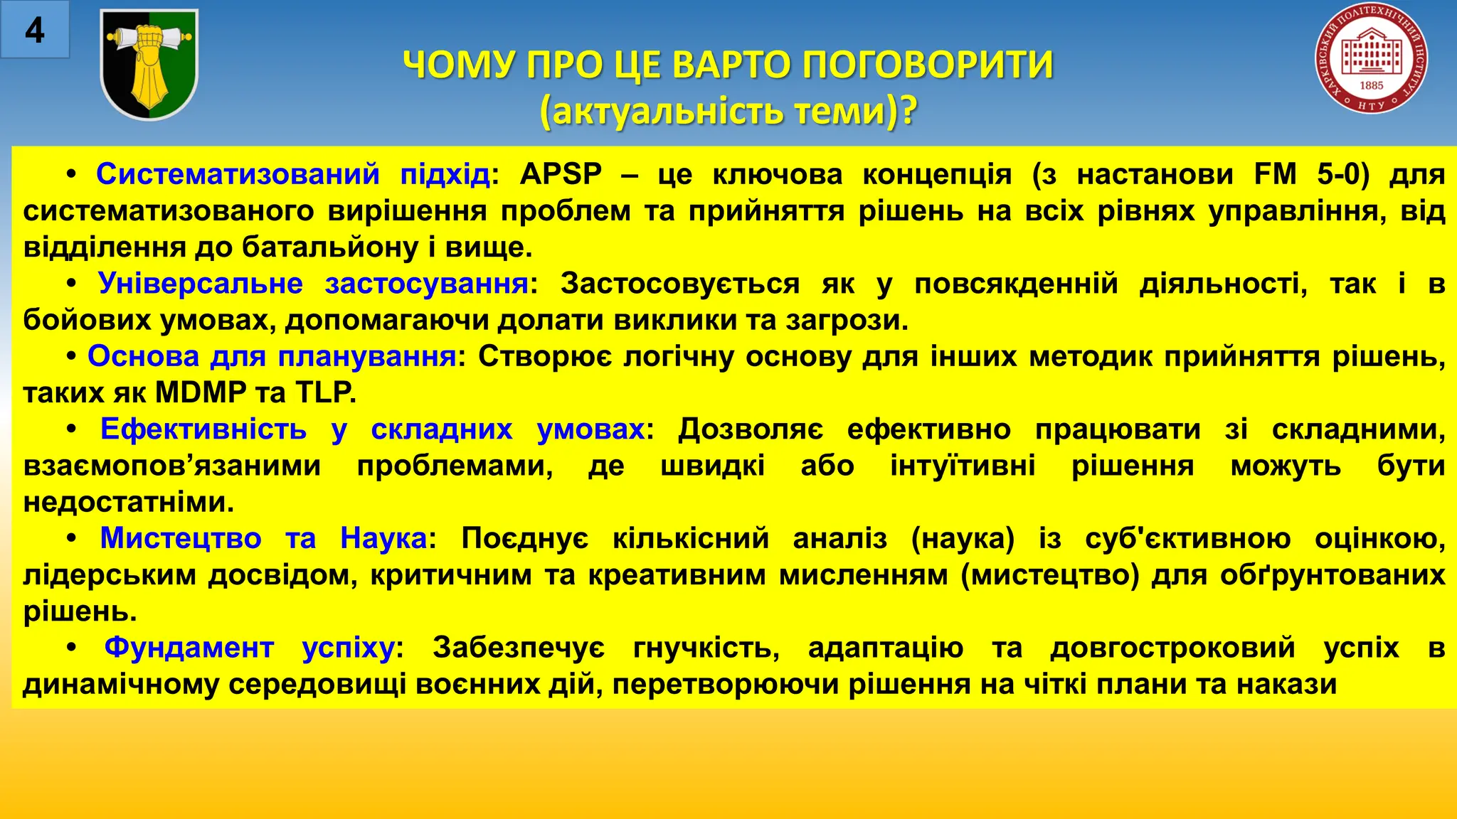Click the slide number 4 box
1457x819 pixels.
click(34, 30)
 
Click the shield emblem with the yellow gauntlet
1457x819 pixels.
click(149, 64)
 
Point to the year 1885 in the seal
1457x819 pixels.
click(1371, 85)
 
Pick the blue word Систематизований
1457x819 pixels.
click(238, 174)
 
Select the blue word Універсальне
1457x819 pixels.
click(201, 284)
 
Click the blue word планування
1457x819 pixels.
click(366, 356)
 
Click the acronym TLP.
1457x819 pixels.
click(325, 392)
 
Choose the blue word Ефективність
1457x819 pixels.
click(203, 429)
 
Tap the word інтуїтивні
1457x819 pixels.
click(963, 466)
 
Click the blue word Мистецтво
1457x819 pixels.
click(181, 538)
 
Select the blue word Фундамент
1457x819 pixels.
click(189, 648)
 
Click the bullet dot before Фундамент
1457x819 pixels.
click(71, 648)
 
